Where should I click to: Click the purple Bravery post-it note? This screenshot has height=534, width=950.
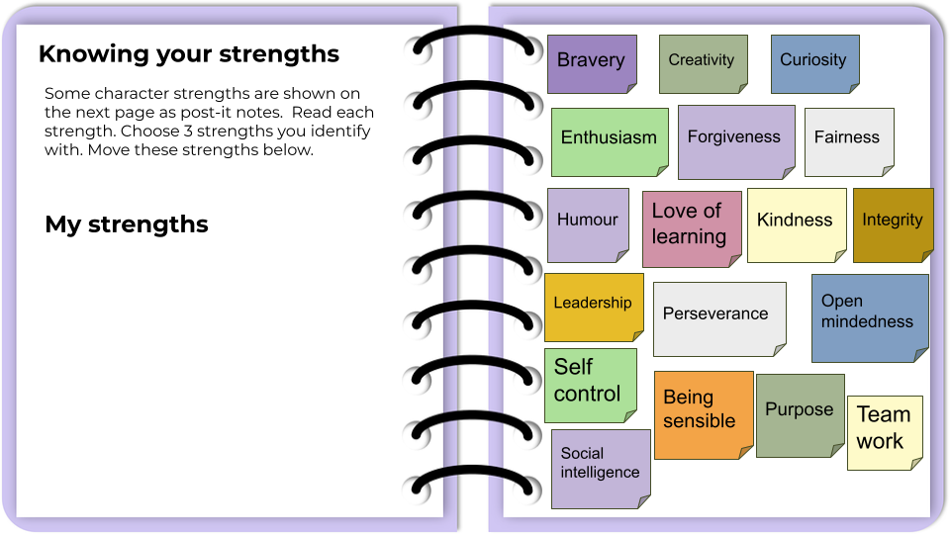pyautogui.click(x=591, y=62)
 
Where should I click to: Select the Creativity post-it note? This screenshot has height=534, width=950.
pyautogui.click(x=703, y=62)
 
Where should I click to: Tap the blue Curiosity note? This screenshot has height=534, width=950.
pyautogui.click(x=814, y=62)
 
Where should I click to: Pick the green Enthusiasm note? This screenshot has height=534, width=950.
pyautogui.click(x=609, y=140)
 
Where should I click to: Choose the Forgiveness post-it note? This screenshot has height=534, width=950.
pyautogui.click(x=735, y=140)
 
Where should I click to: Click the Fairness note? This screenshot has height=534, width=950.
pyautogui.click(x=848, y=140)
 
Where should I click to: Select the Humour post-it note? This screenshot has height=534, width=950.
pyautogui.click(x=588, y=223)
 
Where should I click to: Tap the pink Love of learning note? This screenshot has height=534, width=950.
pyautogui.click(x=691, y=227)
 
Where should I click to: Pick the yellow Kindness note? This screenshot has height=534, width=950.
pyautogui.click(x=796, y=223)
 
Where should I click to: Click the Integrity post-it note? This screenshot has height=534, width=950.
pyautogui.click(x=893, y=223)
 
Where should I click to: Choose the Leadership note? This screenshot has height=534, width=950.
pyautogui.click(x=592, y=306)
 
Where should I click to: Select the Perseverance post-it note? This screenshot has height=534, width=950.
pyautogui.click(x=718, y=316)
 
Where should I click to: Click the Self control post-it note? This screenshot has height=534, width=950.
pyautogui.click(x=590, y=383)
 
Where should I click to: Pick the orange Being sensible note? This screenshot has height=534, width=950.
pyautogui.click(x=703, y=412)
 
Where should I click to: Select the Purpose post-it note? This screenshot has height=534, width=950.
pyautogui.click(x=800, y=413)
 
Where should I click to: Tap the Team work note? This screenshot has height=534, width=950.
pyautogui.click(x=884, y=431)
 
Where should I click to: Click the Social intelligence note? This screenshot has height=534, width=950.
pyautogui.click(x=600, y=467)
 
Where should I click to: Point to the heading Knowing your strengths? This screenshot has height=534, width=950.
pyautogui.click(x=189, y=54)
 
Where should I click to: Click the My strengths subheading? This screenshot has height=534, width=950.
pyautogui.click(x=127, y=224)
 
